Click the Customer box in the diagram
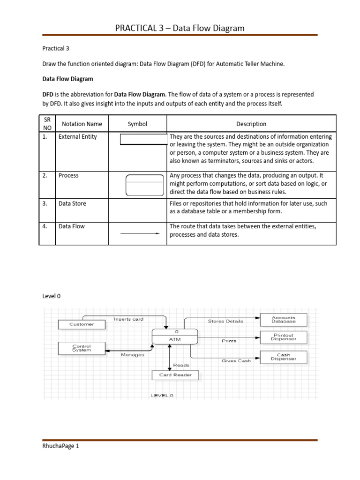pyautogui.click(x=82, y=324)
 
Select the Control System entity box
pyautogui.click(x=82, y=348)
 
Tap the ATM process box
pyautogui.click(x=175, y=336)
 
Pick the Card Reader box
pyautogui.click(x=175, y=375)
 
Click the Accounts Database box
pyautogui.click(x=284, y=320)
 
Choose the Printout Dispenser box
pyautogui.click(x=284, y=337)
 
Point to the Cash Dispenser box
pyautogui.click(x=284, y=357)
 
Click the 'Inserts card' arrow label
pyautogui.click(x=128, y=319)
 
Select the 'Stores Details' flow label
pyautogui.click(x=225, y=321)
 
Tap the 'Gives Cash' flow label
pyautogui.click(x=236, y=361)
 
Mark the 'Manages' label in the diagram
pyautogui.click(x=132, y=355)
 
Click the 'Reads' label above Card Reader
pyautogui.click(x=181, y=364)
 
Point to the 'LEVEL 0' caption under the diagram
pyautogui.click(x=162, y=395)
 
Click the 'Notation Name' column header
pyautogui.click(x=82, y=124)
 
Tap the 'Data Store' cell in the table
pyautogui.click(x=72, y=203)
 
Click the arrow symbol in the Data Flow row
pyautogui.click(x=140, y=234)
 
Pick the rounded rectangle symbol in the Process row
pyautogui.click(x=144, y=185)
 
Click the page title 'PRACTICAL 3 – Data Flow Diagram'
pyautogui.click(x=180, y=28)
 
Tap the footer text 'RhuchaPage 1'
pyautogui.click(x=60, y=446)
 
